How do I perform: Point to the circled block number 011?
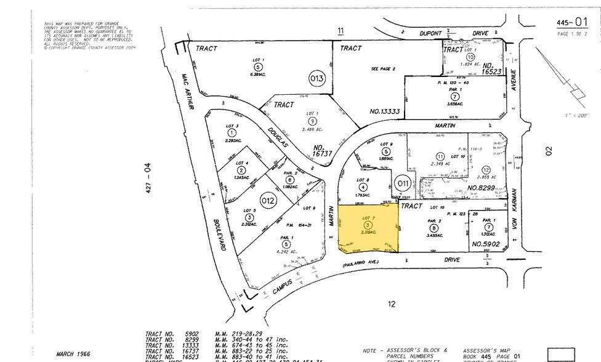pos(401,183)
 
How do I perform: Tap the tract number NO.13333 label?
pos(385,112)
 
